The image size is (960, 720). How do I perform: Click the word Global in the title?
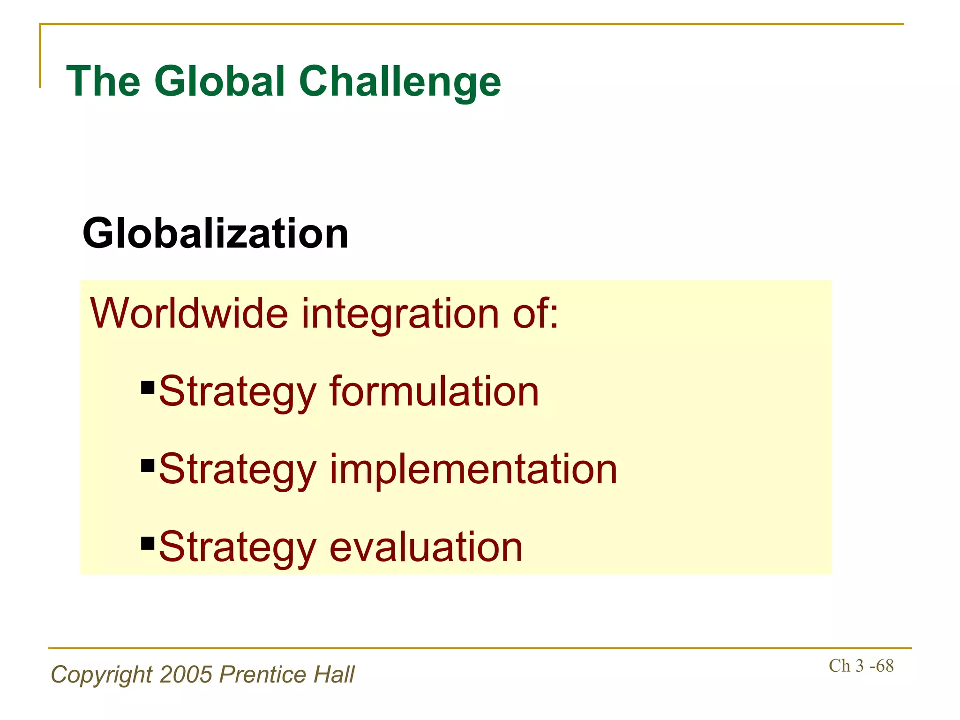220,82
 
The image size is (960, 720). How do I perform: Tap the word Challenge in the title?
400,82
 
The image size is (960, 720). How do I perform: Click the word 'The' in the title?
104,82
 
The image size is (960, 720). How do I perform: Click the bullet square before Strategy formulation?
148,387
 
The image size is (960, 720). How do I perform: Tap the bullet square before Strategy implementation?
148,465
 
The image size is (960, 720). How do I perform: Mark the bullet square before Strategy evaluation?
148,543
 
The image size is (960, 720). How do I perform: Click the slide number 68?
885,666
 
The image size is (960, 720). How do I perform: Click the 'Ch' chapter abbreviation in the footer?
839,666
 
